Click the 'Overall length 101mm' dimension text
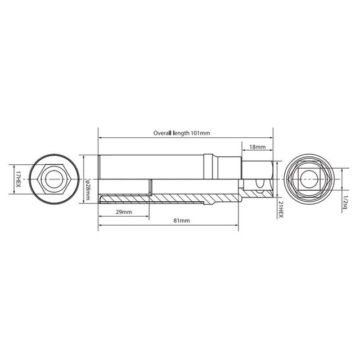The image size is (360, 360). tap(182, 133)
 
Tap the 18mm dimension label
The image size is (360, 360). tap(257, 146)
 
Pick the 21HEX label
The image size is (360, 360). tap(280, 210)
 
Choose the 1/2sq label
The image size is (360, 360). tap(344, 200)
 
